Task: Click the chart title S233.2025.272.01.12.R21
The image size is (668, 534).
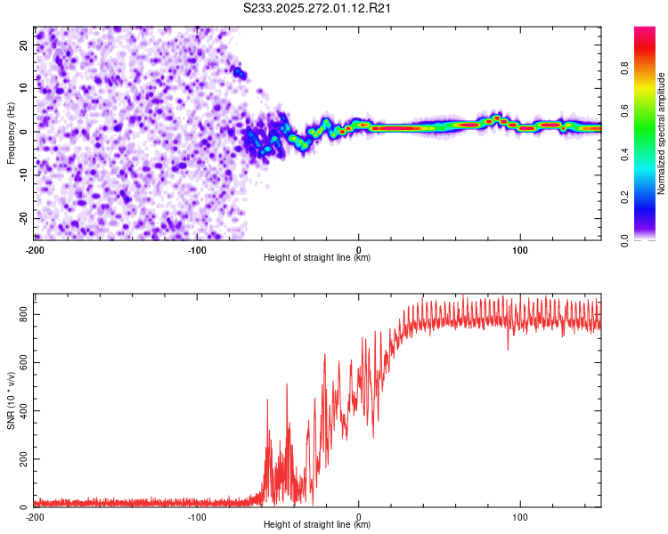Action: (316, 8)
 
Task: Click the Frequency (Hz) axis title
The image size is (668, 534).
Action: (11, 133)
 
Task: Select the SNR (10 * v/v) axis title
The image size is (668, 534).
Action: (11, 400)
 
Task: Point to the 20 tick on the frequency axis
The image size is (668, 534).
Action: (23, 44)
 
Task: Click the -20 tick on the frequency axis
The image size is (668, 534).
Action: (23, 218)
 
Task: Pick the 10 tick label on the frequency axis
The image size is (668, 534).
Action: (23, 88)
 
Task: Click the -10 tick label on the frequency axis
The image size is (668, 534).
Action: (23, 175)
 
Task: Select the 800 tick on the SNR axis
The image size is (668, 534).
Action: (23, 314)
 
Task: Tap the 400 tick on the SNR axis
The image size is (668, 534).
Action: (23, 411)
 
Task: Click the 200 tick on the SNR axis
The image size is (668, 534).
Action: (23, 459)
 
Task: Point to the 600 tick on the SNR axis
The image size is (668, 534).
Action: (23, 363)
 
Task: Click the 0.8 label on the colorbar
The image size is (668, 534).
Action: (624, 69)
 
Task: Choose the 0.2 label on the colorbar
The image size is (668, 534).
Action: (624, 198)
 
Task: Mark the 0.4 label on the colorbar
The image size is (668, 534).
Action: (624, 154)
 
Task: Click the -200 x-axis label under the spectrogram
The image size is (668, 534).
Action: (35, 250)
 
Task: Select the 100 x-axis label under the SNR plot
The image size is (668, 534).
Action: (520, 517)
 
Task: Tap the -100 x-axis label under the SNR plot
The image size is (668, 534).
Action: (197, 517)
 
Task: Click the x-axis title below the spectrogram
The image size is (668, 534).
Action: (317, 257)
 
